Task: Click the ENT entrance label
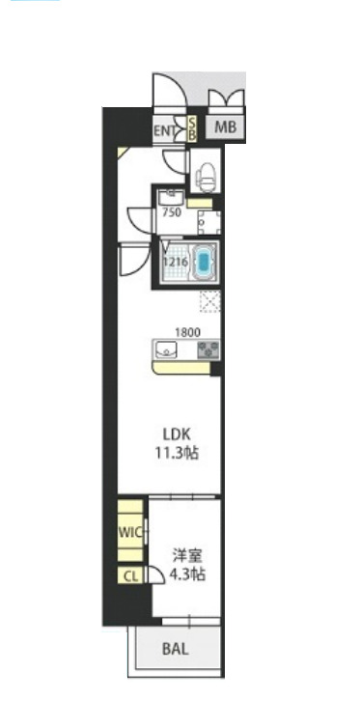(166, 129)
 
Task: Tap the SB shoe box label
(191, 129)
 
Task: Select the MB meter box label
(225, 126)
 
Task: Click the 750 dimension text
(173, 212)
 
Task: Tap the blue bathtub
(205, 261)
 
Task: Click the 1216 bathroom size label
(175, 261)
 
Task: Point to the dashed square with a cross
(209, 301)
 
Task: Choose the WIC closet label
(130, 532)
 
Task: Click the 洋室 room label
(187, 555)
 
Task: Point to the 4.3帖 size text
(187, 574)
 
